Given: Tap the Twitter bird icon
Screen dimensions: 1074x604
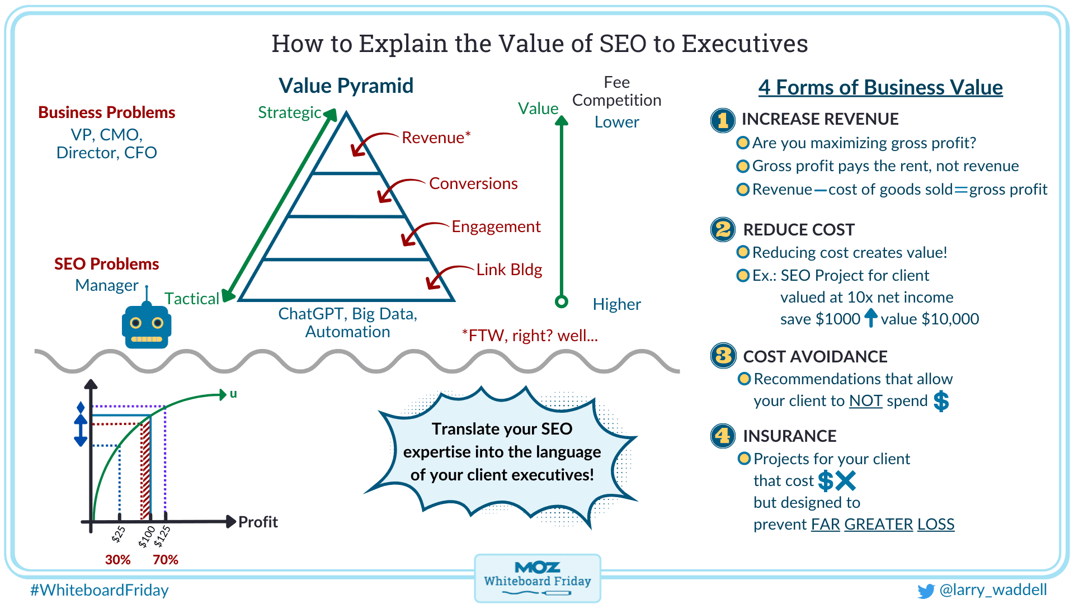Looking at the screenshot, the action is pyautogui.click(x=926, y=591).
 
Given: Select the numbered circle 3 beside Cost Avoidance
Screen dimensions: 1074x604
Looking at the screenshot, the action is pyautogui.click(x=723, y=356).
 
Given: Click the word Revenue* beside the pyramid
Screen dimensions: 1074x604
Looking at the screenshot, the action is pyautogui.click(x=436, y=138).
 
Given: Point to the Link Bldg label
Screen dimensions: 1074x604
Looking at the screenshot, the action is pyautogui.click(x=509, y=270).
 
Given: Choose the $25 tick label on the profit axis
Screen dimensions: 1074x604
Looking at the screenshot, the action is pyautogui.click(x=118, y=535).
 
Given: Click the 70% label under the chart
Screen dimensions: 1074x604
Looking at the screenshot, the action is pyautogui.click(x=166, y=560).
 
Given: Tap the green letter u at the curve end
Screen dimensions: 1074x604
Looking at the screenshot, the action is pyautogui.click(x=233, y=394).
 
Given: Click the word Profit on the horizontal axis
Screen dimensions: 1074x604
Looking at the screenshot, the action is pyautogui.click(x=258, y=522).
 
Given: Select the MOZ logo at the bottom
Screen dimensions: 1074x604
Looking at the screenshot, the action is pyautogui.click(x=537, y=568).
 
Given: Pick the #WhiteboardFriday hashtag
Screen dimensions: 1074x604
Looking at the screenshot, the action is pyautogui.click(x=100, y=591).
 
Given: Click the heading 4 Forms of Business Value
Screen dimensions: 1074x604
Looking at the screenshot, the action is pyautogui.click(x=880, y=88).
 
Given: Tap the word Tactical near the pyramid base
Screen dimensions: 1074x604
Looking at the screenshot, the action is pyautogui.click(x=192, y=299).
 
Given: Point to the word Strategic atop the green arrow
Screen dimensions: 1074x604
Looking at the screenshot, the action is pyautogui.click(x=290, y=112).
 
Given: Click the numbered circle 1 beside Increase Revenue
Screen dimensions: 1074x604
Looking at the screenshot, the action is pyautogui.click(x=723, y=120).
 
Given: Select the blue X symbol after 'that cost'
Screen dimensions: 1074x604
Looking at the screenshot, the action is pyautogui.click(x=845, y=480).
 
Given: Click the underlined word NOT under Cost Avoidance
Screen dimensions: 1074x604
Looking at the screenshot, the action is pyautogui.click(x=865, y=401).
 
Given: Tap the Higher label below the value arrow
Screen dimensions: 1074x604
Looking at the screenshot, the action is pyautogui.click(x=617, y=304).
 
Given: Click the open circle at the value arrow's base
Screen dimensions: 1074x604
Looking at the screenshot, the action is pyautogui.click(x=562, y=301).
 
